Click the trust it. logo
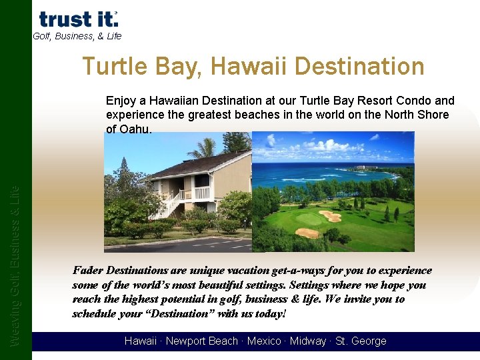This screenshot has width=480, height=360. pyautogui.click(x=78, y=19)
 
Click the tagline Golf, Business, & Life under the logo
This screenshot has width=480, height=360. pyautogui.click(x=77, y=37)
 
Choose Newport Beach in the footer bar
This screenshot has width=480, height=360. pyautogui.click(x=201, y=341)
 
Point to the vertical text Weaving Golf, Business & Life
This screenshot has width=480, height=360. pyautogui.click(x=15, y=267)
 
